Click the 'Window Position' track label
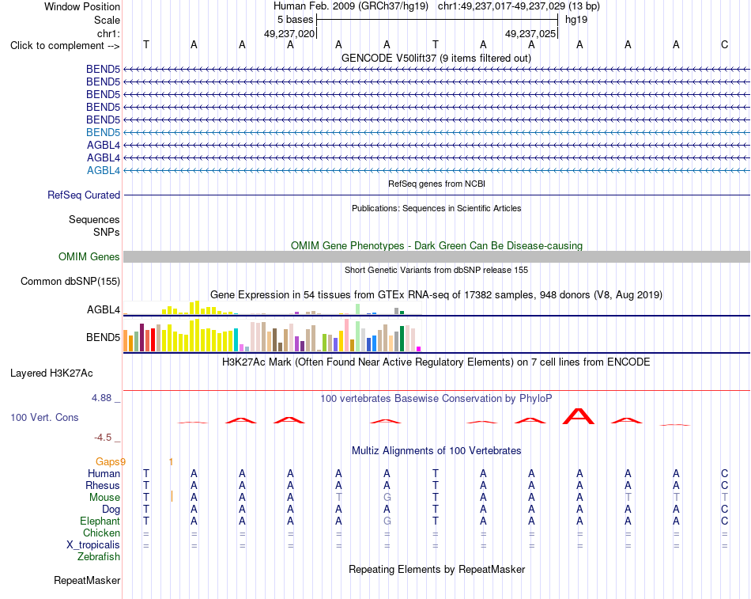point(82,6)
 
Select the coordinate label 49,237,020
point(289,33)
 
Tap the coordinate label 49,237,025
point(530,33)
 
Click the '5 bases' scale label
point(295,20)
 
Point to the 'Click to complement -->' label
point(65,46)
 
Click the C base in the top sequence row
point(724,44)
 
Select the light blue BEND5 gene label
point(103,132)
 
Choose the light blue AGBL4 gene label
point(104,170)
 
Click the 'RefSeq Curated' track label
point(84,195)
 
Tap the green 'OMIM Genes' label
point(89,256)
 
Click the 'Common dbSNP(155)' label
point(70,281)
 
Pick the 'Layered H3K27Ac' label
point(51,373)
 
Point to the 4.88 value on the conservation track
point(101,397)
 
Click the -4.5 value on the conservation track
point(103,437)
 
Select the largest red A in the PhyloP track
point(579,416)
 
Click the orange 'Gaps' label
point(108,461)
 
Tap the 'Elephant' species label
point(100,521)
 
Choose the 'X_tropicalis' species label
point(93,545)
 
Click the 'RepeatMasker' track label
point(87,580)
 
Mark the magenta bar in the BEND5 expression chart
point(419,349)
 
